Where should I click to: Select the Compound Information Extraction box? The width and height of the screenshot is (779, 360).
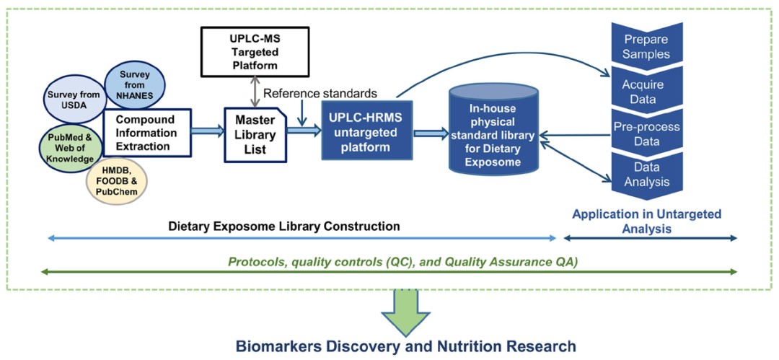[147, 133]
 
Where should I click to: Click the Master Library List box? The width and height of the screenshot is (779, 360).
[255, 134]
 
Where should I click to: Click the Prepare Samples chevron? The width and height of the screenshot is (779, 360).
[646, 47]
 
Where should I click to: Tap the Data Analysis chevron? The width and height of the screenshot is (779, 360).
[646, 175]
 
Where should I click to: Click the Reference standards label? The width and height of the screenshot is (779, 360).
[320, 93]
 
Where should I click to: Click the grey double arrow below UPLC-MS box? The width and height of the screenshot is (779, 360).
[255, 91]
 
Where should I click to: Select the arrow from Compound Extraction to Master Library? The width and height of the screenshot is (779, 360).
[208, 131]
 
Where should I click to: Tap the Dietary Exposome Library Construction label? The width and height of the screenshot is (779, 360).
[284, 227]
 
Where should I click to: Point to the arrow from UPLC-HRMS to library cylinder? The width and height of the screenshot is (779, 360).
[431, 133]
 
